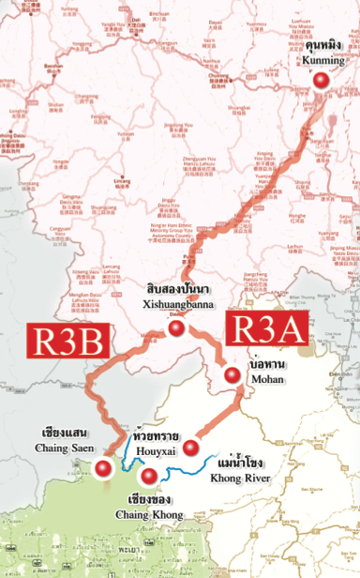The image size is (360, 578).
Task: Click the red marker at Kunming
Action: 322,82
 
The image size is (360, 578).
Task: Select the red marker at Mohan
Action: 232,375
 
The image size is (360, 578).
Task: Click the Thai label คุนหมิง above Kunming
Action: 324,45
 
